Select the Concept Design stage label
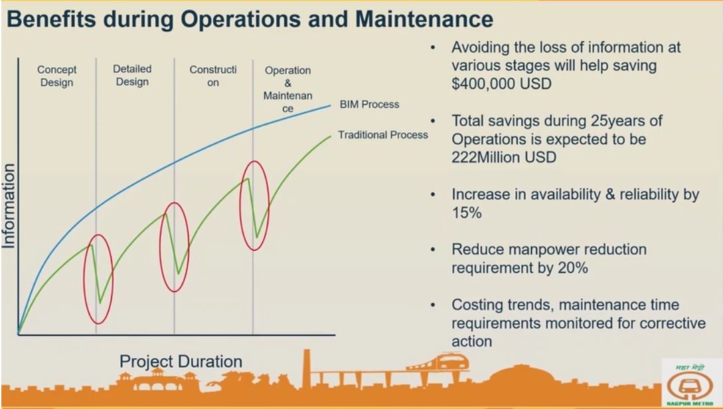[56, 76]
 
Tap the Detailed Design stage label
[132, 75]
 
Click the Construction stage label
[212, 76]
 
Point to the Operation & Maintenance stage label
[287, 90]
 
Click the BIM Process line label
[369, 105]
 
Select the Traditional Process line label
[383, 135]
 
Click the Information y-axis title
[9, 206]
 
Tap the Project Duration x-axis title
[181, 361]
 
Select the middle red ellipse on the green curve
[175, 247]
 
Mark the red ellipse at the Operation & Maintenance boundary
[253, 205]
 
